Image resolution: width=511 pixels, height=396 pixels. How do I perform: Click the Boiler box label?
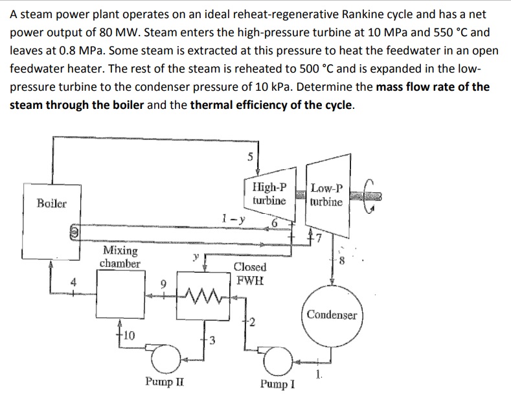(x=51, y=203)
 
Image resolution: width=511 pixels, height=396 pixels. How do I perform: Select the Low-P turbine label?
(x=327, y=195)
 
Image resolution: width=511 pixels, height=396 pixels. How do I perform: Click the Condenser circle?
(x=332, y=316)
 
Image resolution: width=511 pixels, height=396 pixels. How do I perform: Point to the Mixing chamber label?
(x=120, y=257)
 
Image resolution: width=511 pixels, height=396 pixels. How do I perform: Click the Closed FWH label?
(x=249, y=274)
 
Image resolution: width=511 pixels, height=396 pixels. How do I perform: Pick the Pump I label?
(x=278, y=384)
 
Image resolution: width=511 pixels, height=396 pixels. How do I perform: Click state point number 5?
(x=250, y=156)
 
